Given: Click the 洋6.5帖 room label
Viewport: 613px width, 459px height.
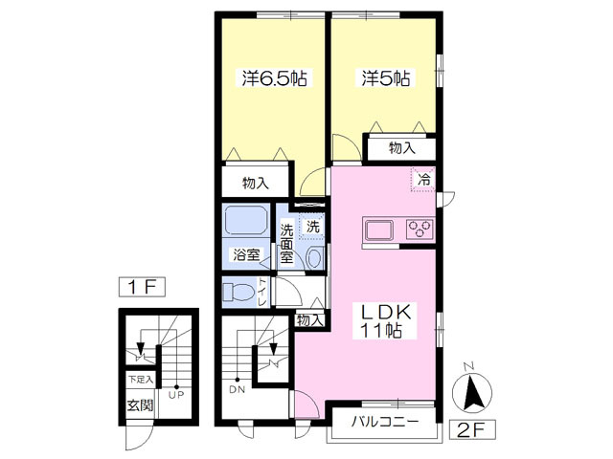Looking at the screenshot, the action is (x=275, y=78).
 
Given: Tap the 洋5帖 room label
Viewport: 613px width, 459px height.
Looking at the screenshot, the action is (x=386, y=78).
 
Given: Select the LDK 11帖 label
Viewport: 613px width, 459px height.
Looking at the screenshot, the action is (x=385, y=321).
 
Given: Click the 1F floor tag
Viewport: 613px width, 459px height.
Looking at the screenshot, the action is (x=142, y=287).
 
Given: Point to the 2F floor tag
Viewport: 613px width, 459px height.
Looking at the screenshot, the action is (x=472, y=430).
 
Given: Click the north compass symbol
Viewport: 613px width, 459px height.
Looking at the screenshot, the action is (x=472, y=390).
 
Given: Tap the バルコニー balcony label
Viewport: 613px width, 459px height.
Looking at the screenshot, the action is (x=385, y=422).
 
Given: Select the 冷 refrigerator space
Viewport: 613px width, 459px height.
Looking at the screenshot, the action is (x=423, y=180).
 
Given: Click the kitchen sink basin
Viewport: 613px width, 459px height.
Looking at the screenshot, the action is (x=379, y=230).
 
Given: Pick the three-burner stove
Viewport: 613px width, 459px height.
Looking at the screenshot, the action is (x=420, y=229).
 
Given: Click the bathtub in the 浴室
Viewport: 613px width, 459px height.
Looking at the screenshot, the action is (x=245, y=220).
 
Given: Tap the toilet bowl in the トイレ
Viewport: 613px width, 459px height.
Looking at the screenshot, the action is (x=238, y=292).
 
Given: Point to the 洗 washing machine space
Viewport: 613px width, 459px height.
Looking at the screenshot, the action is (x=312, y=227).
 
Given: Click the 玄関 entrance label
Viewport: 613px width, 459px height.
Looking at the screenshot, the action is (x=140, y=405).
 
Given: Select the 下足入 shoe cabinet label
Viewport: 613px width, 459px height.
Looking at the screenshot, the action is (x=141, y=379).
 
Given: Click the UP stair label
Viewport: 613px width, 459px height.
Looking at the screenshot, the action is (x=176, y=395).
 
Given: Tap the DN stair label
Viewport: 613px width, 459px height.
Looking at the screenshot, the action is (x=237, y=389).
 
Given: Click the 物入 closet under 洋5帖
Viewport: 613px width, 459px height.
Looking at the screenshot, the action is (x=402, y=148).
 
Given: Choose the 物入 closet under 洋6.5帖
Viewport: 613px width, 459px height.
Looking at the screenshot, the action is (x=256, y=183).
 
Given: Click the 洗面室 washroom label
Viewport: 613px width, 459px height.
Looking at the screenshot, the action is (x=286, y=244).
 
